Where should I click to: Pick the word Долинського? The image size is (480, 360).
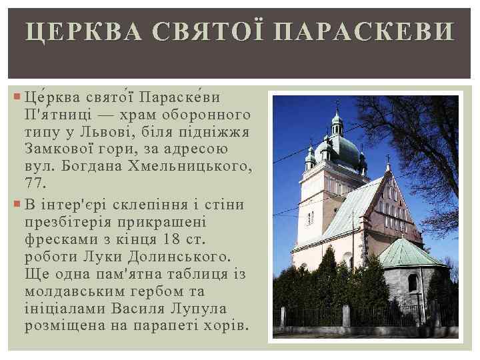pyautogui.click(x=179, y=257)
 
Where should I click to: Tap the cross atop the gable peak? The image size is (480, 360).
pyautogui.click(x=388, y=160)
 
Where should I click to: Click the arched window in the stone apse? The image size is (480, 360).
pyautogui.click(x=413, y=283)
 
